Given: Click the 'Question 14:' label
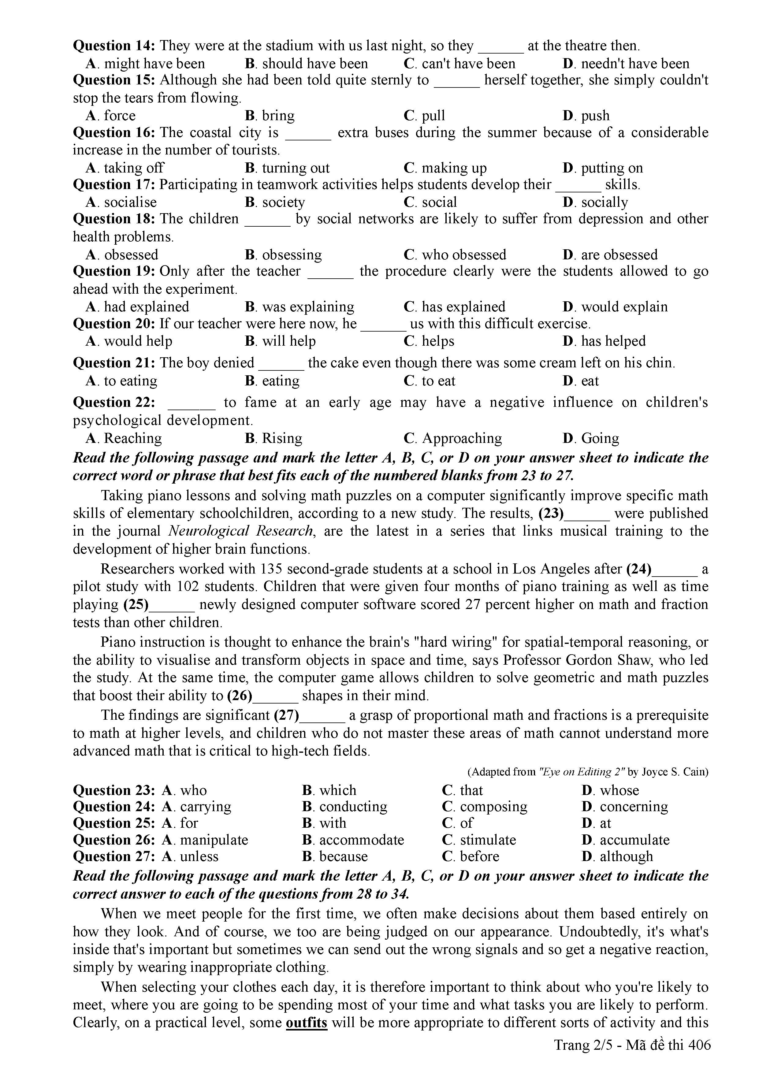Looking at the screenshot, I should point(114,46).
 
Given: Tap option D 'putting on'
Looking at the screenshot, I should point(603,168).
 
